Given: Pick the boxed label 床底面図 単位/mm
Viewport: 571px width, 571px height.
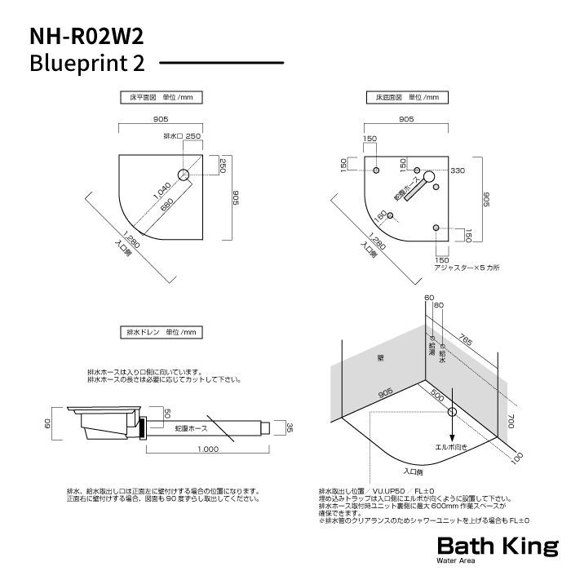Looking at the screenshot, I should point(406,97).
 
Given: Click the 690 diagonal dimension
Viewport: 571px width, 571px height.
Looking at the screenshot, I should point(166,208).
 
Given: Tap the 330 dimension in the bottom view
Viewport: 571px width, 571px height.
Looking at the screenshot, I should point(457,170).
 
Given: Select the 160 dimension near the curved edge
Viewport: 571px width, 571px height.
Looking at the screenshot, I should point(380,219).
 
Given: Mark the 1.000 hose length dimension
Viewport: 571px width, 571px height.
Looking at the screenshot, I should point(207,449).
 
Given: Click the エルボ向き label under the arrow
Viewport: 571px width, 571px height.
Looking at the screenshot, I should point(450,446).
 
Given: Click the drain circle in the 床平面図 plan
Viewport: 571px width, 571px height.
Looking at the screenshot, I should point(184,175).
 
